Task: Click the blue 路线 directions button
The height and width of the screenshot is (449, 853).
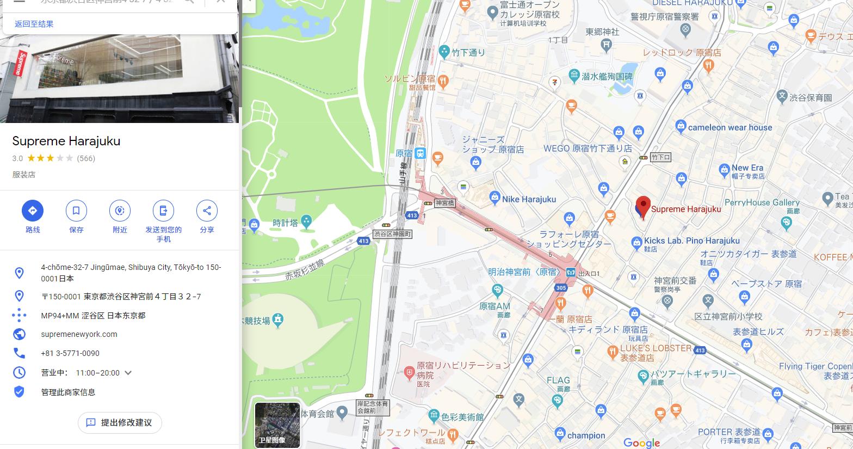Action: click(33, 211)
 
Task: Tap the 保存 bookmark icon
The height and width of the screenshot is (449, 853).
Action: click(76, 211)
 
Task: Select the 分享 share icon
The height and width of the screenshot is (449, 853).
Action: click(207, 211)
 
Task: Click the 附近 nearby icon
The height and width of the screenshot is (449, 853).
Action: click(120, 211)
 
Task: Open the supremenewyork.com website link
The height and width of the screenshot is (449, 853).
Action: click(79, 334)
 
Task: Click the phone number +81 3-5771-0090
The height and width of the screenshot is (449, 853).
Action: click(70, 353)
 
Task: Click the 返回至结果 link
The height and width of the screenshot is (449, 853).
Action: click(34, 24)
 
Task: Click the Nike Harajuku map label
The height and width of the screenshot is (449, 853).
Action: click(529, 199)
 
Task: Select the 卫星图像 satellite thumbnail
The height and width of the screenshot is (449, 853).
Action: click(277, 425)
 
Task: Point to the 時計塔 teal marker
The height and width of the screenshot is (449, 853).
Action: click(306, 221)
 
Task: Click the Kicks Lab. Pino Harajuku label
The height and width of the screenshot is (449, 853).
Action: click(691, 241)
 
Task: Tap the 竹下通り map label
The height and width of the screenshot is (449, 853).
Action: click(468, 52)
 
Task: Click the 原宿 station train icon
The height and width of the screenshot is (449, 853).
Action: click(420, 153)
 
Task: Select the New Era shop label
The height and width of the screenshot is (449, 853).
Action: click(747, 168)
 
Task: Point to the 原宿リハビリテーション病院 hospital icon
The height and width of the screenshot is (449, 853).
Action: click(410, 373)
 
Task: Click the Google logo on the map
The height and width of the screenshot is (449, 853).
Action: click(641, 443)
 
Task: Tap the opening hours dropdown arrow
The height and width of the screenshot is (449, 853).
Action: click(128, 373)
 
